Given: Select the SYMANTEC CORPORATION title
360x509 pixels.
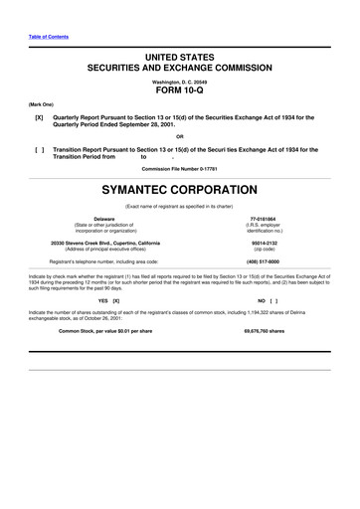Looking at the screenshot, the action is [x=180, y=189].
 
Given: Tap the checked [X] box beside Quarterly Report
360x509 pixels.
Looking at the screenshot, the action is [x=38, y=117].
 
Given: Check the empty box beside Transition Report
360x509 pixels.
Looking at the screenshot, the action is [x=38, y=150].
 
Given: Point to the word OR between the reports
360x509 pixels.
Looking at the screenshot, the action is [x=180, y=136].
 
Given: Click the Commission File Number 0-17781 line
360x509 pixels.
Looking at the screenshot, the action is [x=180, y=169].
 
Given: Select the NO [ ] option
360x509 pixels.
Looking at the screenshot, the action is [x=267, y=300].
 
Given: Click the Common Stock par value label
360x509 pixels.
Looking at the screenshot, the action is [x=105, y=329].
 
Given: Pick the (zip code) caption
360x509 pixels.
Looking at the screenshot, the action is [x=265, y=250].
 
